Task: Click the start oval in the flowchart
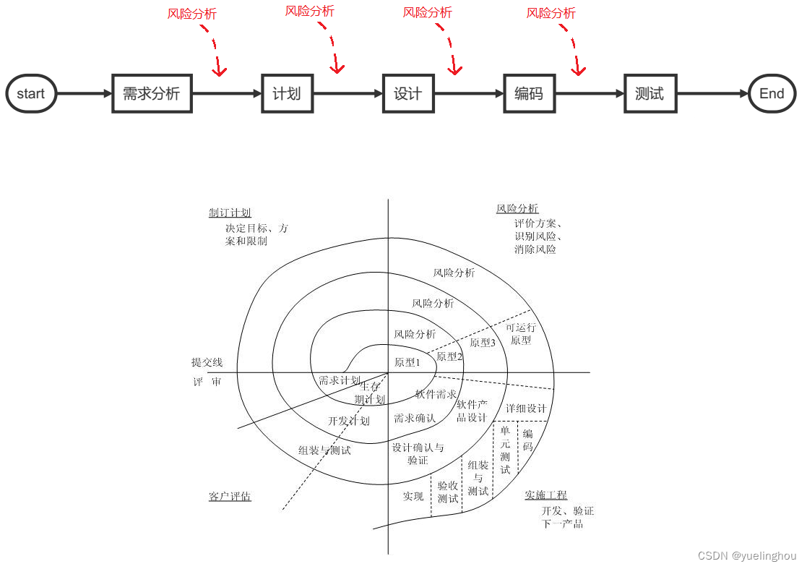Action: pyautogui.click(x=31, y=93)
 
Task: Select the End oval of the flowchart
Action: pyautogui.click(x=772, y=93)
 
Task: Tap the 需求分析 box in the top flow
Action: pyautogui.click(x=152, y=93)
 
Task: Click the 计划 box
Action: pyautogui.click(x=287, y=93)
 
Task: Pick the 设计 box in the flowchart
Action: pyautogui.click(x=408, y=93)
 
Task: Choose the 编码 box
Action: pyautogui.click(x=529, y=93)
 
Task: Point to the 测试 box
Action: pyautogui.click(x=650, y=93)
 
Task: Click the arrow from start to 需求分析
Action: pyautogui.click(x=84, y=93)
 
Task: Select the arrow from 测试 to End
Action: pyautogui.click(x=712, y=93)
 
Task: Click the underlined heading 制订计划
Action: pyautogui.click(x=230, y=213)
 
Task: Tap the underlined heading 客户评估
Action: pyautogui.click(x=230, y=497)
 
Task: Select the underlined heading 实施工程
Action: pyautogui.click(x=545, y=495)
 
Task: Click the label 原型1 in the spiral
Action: pyautogui.click(x=407, y=362)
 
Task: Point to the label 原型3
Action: pyautogui.click(x=483, y=343)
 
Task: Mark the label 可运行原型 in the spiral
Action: pyautogui.click(x=521, y=333)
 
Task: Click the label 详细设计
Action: pyautogui.click(x=526, y=408)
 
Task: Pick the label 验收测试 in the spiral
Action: pyautogui.click(x=448, y=492)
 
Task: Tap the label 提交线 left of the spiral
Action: pyautogui.click(x=207, y=362)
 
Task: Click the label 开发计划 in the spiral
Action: pyautogui.click(x=349, y=421)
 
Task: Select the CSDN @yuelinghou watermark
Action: pyautogui.click(x=747, y=556)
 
